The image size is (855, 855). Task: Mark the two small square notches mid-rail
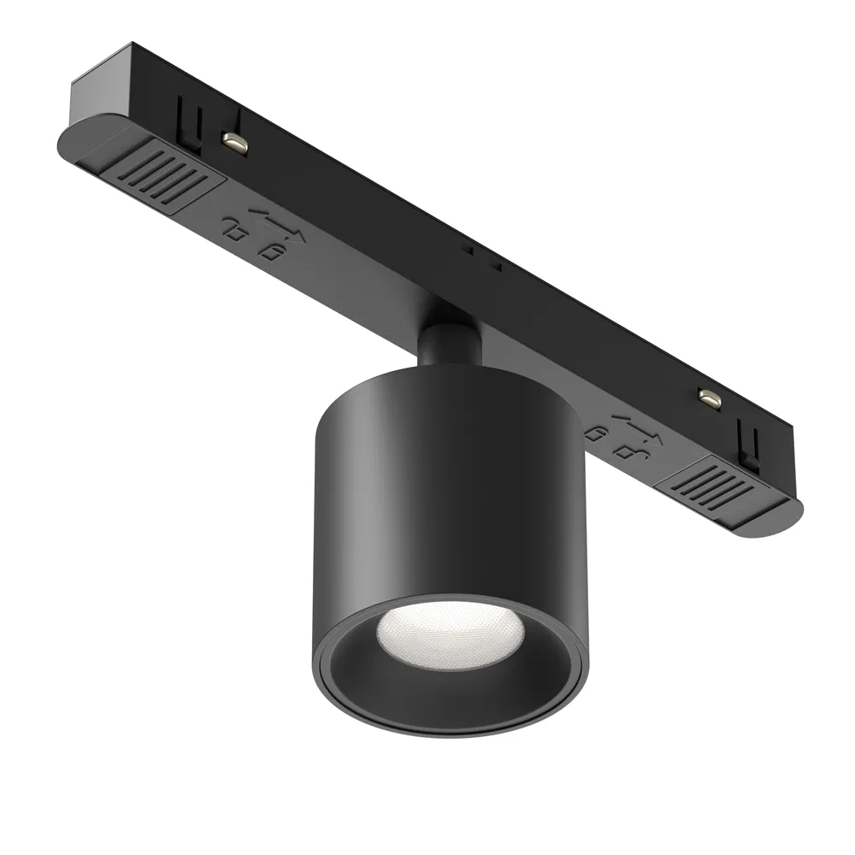[x=482, y=258]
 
